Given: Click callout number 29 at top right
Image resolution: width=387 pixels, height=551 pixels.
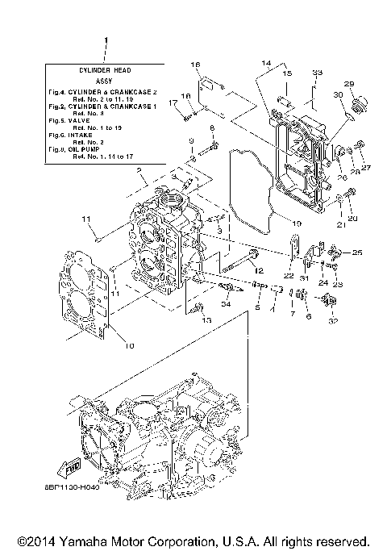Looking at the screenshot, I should [x=349, y=84].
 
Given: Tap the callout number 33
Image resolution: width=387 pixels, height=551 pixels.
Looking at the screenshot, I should [x=317, y=73].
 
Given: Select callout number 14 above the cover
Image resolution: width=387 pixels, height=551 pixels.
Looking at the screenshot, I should [x=266, y=62].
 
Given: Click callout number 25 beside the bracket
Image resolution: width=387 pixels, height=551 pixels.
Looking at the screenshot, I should [x=357, y=253].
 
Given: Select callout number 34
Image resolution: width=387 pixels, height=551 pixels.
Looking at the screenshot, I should [x=227, y=303].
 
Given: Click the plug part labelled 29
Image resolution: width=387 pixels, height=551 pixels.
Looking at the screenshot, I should [x=358, y=103].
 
